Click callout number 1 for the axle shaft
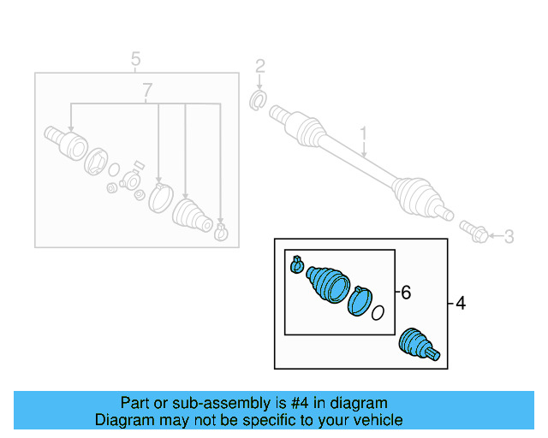click(x=363, y=134)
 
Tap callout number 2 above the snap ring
click(x=260, y=66)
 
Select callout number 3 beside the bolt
click(x=509, y=237)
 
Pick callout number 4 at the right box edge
click(x=461, y=303)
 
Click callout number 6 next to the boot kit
click(x=406, y=293)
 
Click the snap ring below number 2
click(x=257, y=103)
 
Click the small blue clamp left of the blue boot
click(x=297, y=265)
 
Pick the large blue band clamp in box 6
click(x=361, y=301)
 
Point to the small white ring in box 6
click(x=378, y=313)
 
